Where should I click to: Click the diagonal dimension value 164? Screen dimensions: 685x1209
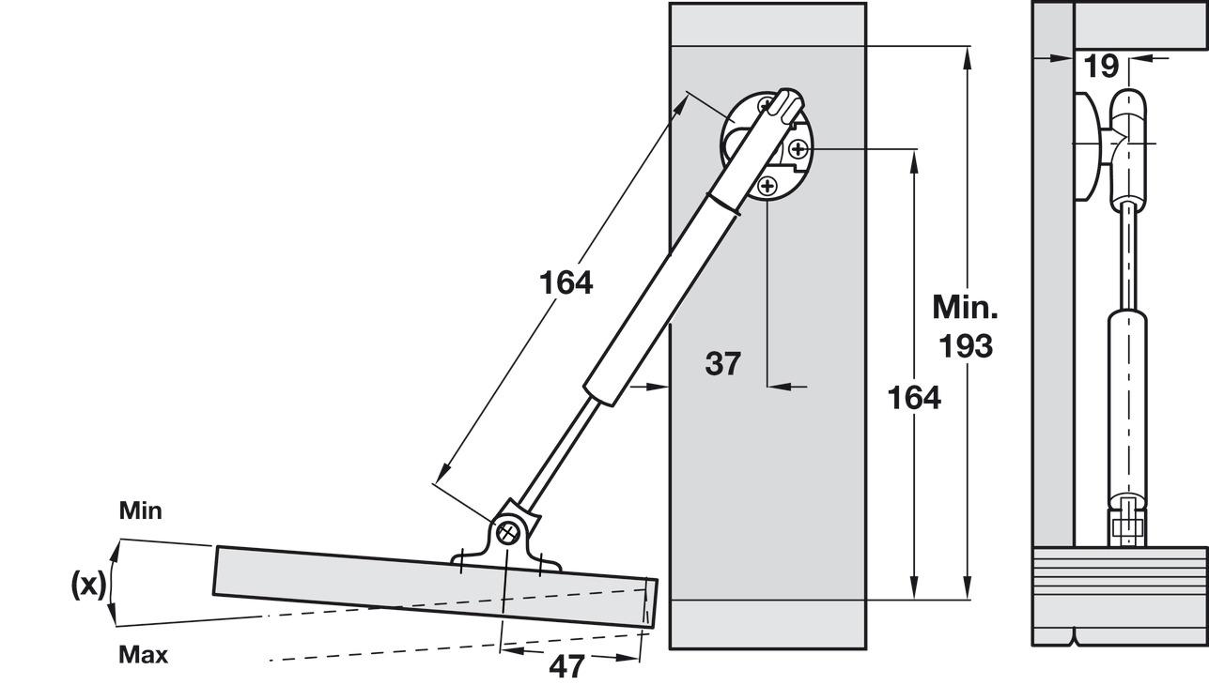566,282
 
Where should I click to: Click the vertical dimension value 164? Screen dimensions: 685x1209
914,397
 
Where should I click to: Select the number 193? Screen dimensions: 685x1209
966,346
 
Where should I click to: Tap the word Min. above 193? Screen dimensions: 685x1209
965,307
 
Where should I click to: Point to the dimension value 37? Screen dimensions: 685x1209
722,363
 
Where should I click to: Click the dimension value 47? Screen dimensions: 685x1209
566,666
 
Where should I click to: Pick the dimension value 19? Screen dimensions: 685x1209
1101,66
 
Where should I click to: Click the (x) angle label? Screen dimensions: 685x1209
88,585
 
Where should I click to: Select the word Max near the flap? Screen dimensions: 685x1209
143,655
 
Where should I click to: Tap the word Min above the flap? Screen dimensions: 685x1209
140,511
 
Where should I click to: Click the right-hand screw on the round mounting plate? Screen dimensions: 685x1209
798,148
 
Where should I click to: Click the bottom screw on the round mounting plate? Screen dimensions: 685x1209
767,187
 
